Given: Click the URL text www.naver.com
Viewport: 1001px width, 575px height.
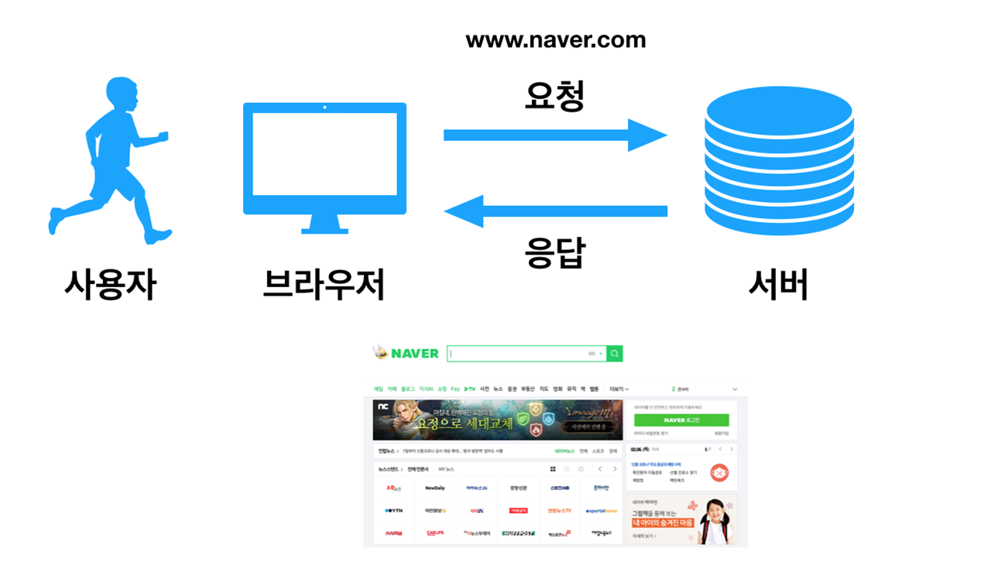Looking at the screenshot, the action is (555, 40).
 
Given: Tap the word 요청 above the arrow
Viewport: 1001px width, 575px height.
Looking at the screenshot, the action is (554, 96).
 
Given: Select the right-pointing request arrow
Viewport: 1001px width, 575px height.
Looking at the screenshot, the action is (554, 135).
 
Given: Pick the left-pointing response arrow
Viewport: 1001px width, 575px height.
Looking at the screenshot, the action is (554, 210).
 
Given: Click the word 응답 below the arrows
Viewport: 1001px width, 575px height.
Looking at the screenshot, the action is (554, 252).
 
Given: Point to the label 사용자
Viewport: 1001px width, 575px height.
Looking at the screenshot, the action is (110, 286).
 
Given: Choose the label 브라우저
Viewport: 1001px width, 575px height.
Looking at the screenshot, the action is (324, 286).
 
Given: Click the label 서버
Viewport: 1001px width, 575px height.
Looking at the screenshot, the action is (778, 286).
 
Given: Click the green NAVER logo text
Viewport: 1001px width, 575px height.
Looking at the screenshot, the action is (414, 354).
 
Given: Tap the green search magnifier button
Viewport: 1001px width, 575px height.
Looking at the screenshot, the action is (614, 354).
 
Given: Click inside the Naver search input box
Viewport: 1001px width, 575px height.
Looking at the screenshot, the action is (519, 354).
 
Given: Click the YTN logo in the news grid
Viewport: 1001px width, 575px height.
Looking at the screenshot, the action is (393, 511).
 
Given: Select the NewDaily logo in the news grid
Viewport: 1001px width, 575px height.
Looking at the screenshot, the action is (435, 488).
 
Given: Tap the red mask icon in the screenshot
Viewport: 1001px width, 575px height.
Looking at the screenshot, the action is (719, 472).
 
